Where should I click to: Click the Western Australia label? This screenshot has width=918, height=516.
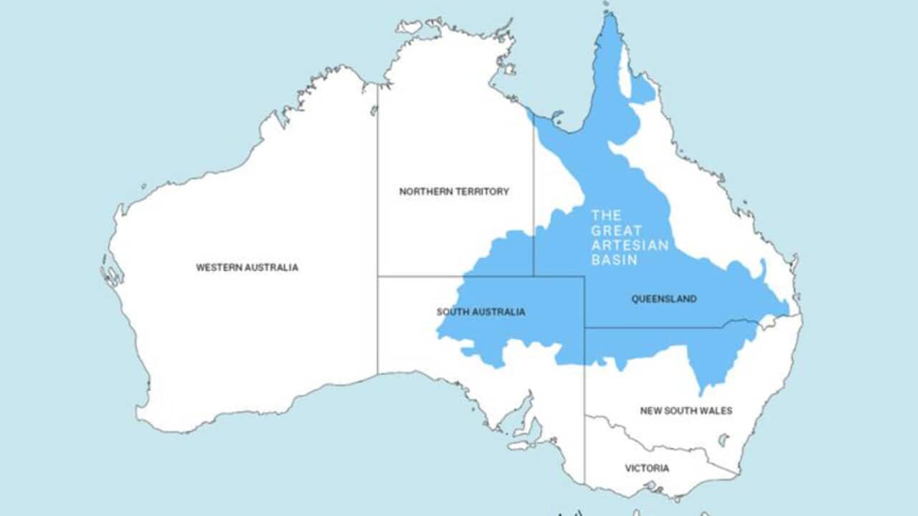pos(247,267)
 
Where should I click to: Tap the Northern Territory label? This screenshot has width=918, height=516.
pos(454,191)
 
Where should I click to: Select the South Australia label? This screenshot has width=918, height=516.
pos(481,312)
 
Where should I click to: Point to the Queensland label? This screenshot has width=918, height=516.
pos(663,299)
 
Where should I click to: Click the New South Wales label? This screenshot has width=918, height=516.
pos(686,411)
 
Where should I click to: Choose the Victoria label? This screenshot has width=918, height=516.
pos(647,468)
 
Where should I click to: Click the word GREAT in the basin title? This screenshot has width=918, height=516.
pos(611,230)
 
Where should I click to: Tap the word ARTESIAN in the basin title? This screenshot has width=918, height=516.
pos(630,245)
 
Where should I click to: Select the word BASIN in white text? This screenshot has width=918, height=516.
pos(614,260)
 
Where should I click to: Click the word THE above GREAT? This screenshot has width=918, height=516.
pos(606,215)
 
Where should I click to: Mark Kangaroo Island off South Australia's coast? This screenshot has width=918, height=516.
pos(519,445)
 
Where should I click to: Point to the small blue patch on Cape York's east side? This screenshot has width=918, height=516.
pos(643,90)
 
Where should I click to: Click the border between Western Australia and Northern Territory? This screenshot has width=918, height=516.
pos(377,179)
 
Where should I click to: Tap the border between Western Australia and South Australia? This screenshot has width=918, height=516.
pos(377,322)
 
